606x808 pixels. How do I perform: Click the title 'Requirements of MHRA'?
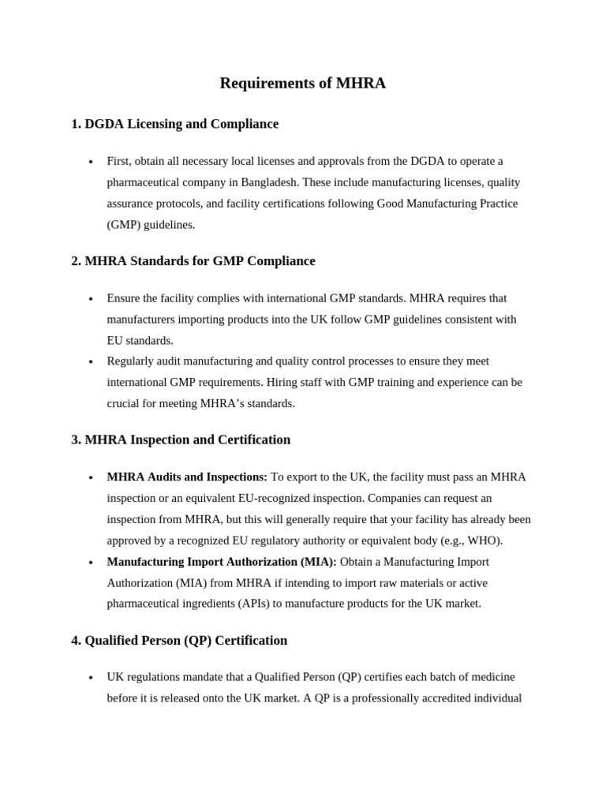(x=302, y=83)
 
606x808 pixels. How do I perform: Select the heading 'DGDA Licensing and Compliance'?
(x=174, y=124)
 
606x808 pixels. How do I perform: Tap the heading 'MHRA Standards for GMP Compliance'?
(x=193, y=261)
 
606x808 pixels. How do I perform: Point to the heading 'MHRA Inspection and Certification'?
(x=181, y=440)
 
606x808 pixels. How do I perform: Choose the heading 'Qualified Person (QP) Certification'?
(x=179, y=640)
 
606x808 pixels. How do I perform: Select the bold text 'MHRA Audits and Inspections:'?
(x=187, y=477)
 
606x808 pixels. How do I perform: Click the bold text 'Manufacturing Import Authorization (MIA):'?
(x=222, y=562)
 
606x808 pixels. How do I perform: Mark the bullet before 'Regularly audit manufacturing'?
(x=91, y=362)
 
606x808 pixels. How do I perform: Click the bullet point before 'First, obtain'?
(x=91, y=162)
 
